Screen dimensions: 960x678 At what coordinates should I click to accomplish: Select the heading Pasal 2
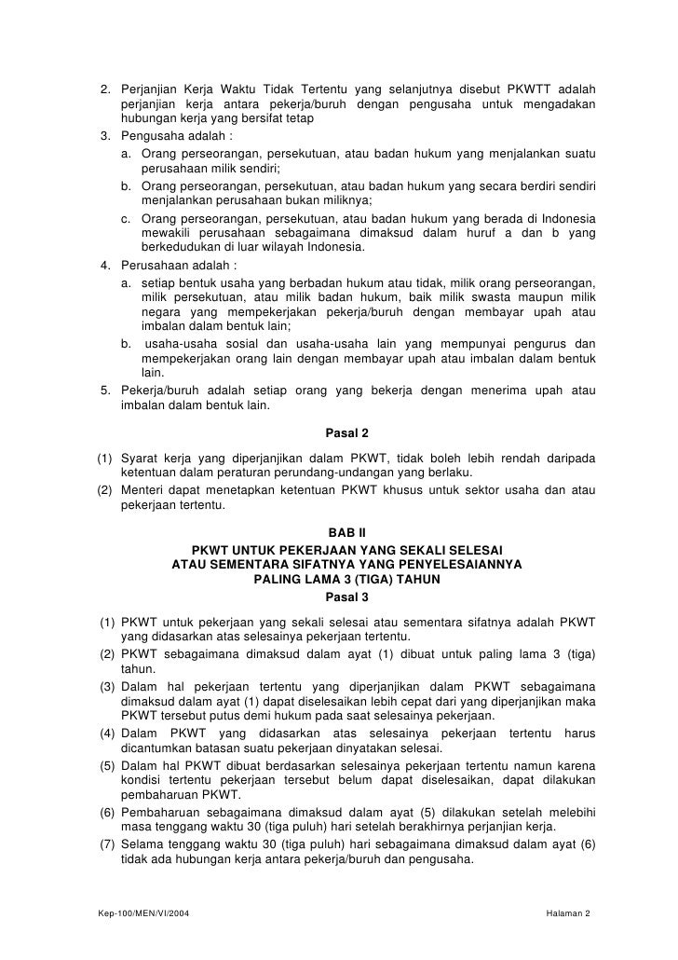click(x=346, y=432)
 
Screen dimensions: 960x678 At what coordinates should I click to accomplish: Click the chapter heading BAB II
click(x=346, y=532)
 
